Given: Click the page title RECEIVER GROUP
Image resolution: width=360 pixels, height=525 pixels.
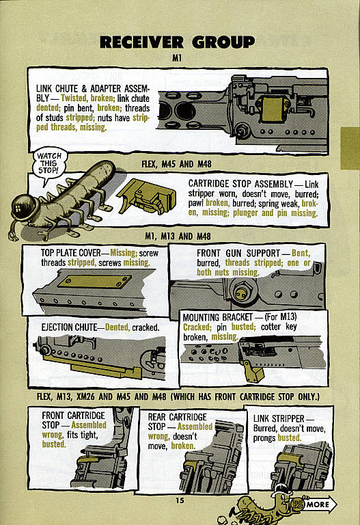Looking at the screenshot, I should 177,42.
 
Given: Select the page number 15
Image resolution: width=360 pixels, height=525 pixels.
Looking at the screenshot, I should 179,501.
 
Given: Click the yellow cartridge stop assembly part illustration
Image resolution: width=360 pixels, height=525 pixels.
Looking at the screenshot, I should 146,198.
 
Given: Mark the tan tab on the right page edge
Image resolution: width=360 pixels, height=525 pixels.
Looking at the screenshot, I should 350,149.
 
